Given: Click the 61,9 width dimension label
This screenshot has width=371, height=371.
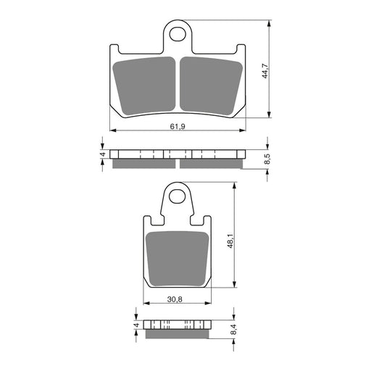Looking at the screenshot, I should coord(178,125).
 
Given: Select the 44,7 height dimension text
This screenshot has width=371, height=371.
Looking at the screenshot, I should coord(265,70).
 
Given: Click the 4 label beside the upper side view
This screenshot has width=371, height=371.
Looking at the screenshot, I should coord(104,154).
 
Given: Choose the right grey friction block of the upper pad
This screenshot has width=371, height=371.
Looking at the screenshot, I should coord(209,86).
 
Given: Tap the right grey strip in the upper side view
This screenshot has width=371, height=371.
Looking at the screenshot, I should coord(209,162).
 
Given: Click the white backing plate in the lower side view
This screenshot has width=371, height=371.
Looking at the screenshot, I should coord(178,324).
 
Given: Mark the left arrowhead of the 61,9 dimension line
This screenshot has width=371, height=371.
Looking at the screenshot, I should coord(112,130).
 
